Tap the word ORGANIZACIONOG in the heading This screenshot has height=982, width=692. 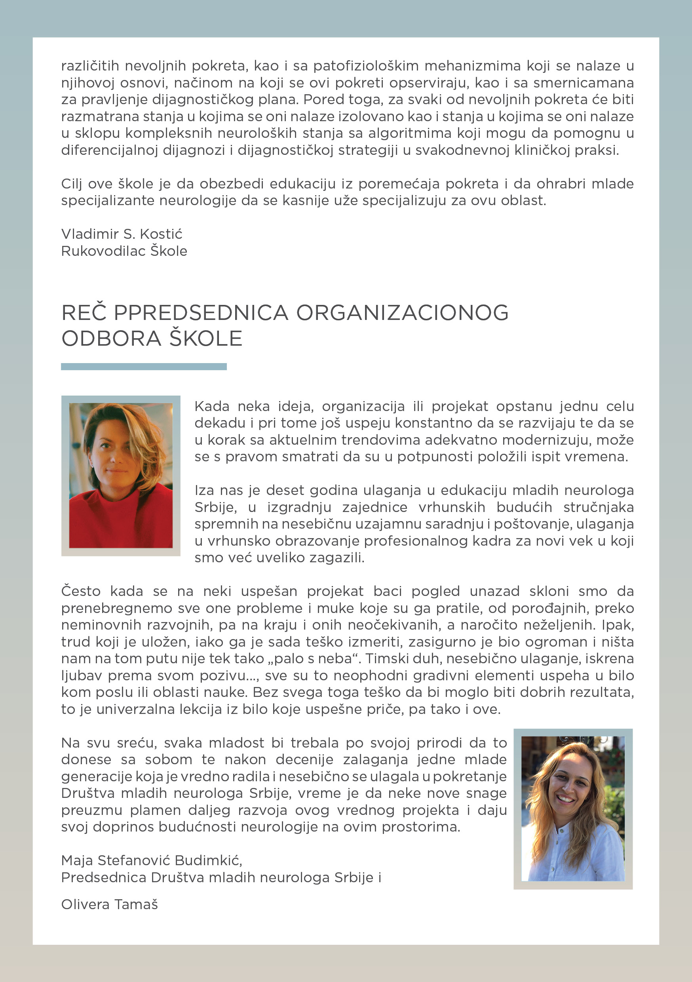coord(402,313)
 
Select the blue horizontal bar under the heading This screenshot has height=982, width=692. coord(144,367)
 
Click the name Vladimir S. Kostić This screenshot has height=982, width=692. coord(122,234)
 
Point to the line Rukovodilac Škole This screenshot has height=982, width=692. coord(124,251)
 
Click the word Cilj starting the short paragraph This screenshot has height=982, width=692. coord(72,184)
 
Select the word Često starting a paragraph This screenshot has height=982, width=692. coord(81,592)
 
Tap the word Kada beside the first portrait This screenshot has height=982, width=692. coord(212,406)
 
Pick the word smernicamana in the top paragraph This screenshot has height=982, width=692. coord(584,82)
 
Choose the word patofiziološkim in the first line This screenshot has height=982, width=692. coord(366,66)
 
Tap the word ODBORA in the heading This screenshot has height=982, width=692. coord(111,338)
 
